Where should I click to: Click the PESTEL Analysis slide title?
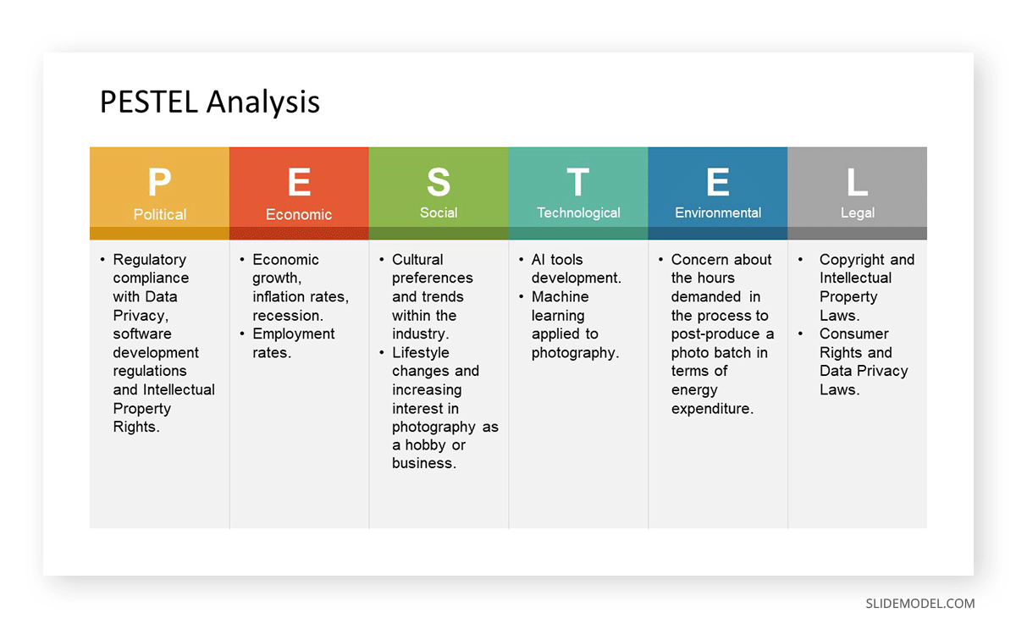click(210, 102)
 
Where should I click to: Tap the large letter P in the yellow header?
click(160, 182)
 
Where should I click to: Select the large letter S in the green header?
click(439, 182)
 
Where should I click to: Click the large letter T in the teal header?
click(577, 182)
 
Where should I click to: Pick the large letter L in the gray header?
click(857, 182)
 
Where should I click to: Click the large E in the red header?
click(300, 182)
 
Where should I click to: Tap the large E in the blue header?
click(718, 182)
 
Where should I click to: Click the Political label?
click(160, 214)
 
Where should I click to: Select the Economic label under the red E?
click(299, 214)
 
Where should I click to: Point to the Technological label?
click(578, 213)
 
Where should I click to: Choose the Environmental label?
click(718, 212)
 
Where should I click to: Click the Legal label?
click(857, 213)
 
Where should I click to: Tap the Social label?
click(439, 212)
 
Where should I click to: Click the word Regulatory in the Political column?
click(150, 260)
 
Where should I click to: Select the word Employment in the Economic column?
click(294, 334)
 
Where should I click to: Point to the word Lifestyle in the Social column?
click(421, 353)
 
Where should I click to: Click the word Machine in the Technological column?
click(560, 296)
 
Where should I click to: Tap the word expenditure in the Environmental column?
click(712, 409)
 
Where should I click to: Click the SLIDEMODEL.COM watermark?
click(919, 604)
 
